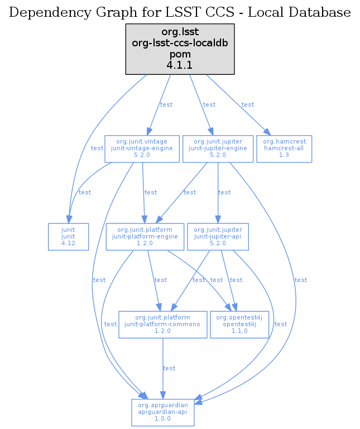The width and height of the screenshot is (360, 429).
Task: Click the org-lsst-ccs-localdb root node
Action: pyautogui.click(x=180, y=49)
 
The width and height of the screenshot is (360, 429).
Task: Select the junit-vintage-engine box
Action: pyautogui.click(x=143, y=149)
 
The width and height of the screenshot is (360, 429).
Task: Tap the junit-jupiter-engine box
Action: pyautogui.click(x=218, y=149)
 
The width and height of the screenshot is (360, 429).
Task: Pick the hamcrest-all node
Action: pyautogui.click(x=284, y=149)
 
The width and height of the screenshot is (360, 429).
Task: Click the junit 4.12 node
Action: pyautogui.click(x=68, y=237)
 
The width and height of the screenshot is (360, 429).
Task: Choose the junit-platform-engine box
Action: pyautogui.click(x=145, y=237)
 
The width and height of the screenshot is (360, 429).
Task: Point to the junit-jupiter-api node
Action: pyautogui.click(x=218, y=237)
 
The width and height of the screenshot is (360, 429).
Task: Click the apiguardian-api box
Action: pyautogui.click(x=162, y=413)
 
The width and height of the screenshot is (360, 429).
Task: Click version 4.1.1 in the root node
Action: pyautogui.click(x=180, y=65)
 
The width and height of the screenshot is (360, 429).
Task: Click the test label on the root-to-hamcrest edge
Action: pyautogui.click(x=247, y=104)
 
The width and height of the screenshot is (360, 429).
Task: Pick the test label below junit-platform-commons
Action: pyautogui.click(x=169, y=368)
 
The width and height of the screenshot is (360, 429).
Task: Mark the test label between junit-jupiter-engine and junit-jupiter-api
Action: pyautogui.click(x=224, y=192)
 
